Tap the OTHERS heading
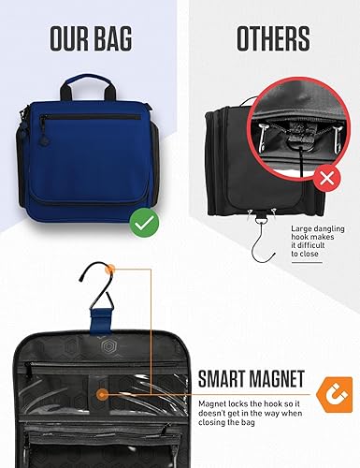click(x=272, y=39)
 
